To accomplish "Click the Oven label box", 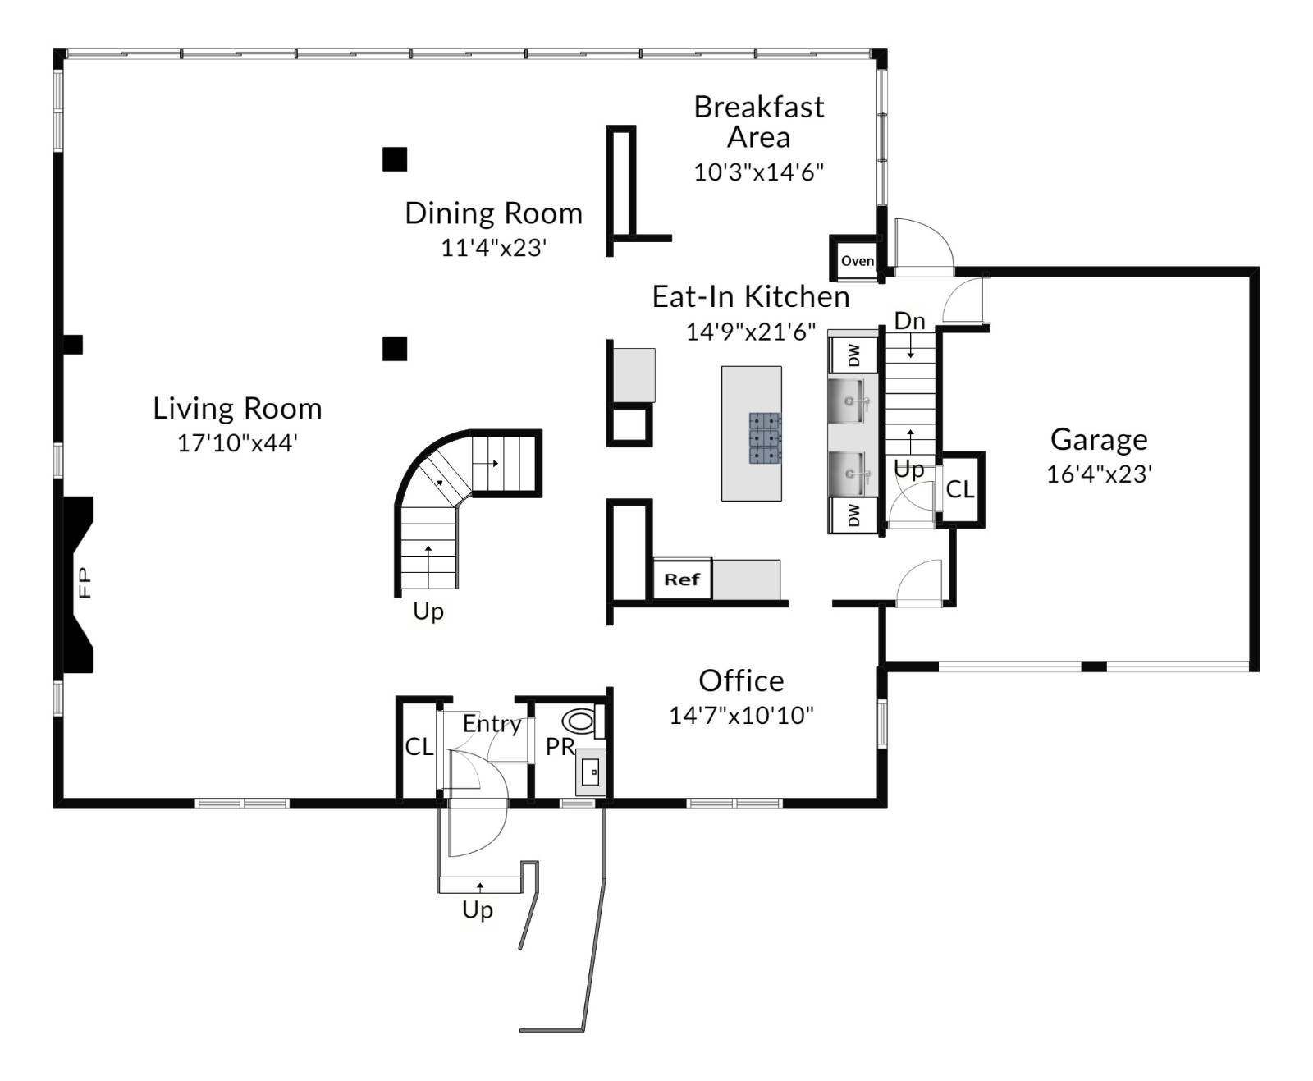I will coord(857,260).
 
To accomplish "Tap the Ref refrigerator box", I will coord(682,579).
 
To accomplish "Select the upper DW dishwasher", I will coord(853,355).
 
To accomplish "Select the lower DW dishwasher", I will coord(853,515).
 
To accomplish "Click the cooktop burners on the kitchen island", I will coord(765,438).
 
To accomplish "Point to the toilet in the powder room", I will coord(580,721).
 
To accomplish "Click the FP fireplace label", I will coord(84,583).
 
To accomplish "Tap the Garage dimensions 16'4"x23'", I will coord(1099,474).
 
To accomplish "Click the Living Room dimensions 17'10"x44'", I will coord(237,443).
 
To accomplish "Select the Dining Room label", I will coord(493,213).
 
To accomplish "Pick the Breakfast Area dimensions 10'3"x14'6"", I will coord(758,172).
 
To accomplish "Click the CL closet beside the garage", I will coord(960,490).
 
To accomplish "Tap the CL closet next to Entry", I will coord(419,747).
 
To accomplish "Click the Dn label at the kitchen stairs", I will coord(909,321).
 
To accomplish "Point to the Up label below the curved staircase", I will coord(428,611).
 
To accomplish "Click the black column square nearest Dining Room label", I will coord(395,159).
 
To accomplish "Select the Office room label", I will coord(741,680).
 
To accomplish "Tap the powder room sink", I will coord(591,772).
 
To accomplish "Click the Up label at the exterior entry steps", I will coord(478,909).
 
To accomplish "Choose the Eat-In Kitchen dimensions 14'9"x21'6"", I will coord(750,332).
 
